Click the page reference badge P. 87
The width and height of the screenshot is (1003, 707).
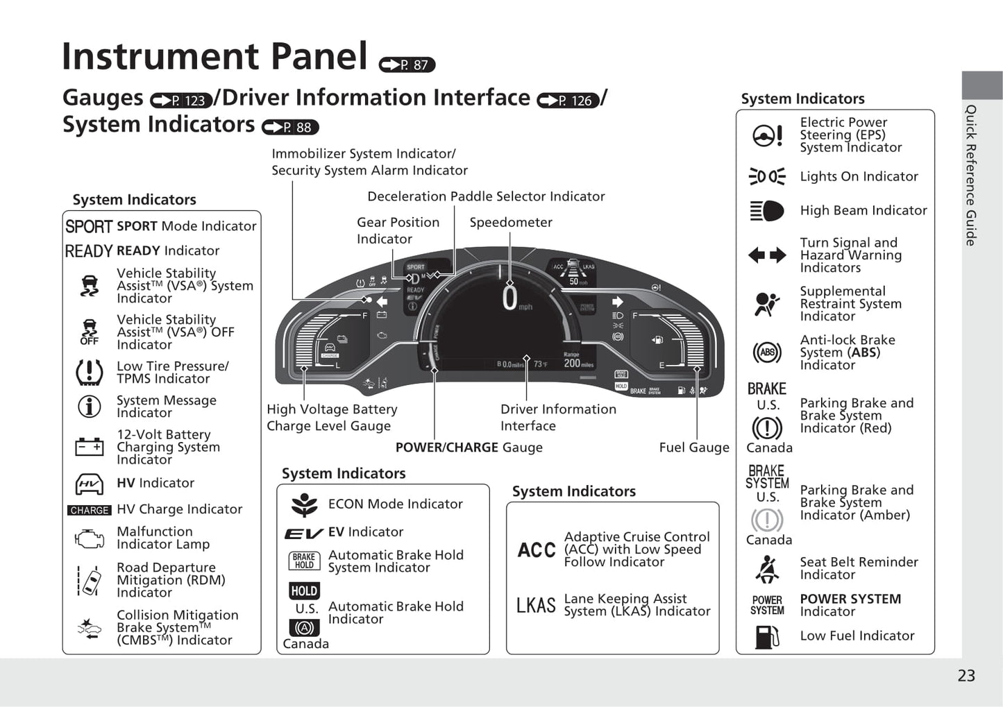point(407,65)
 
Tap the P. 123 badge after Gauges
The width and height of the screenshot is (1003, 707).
point(181,101)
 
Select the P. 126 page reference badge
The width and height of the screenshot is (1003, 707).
point(568,101)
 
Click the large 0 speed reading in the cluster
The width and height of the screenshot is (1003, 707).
point(509,298)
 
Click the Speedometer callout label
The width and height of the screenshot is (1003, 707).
point(511,222)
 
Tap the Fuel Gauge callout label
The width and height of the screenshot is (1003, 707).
point(693,448)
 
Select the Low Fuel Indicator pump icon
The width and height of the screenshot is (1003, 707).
point(766,636)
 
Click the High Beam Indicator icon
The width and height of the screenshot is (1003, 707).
point(766,211)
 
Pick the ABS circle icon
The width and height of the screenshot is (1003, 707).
point(766,352)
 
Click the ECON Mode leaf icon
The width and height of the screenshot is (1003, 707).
point(304,504)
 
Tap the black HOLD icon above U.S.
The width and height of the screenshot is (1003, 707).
point(304,591)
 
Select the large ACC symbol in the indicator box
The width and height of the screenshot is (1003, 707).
point(537,550)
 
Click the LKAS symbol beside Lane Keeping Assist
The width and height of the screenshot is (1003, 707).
point(536,606)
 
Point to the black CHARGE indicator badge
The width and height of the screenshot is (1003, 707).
point(90,510)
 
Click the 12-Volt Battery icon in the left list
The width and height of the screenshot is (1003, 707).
point(89,447)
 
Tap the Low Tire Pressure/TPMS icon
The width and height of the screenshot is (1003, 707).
point(89,373)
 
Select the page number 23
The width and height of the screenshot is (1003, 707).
point(966,676)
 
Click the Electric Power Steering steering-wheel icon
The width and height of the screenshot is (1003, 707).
point(767,135)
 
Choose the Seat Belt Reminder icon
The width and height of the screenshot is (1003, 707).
point(766,569)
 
